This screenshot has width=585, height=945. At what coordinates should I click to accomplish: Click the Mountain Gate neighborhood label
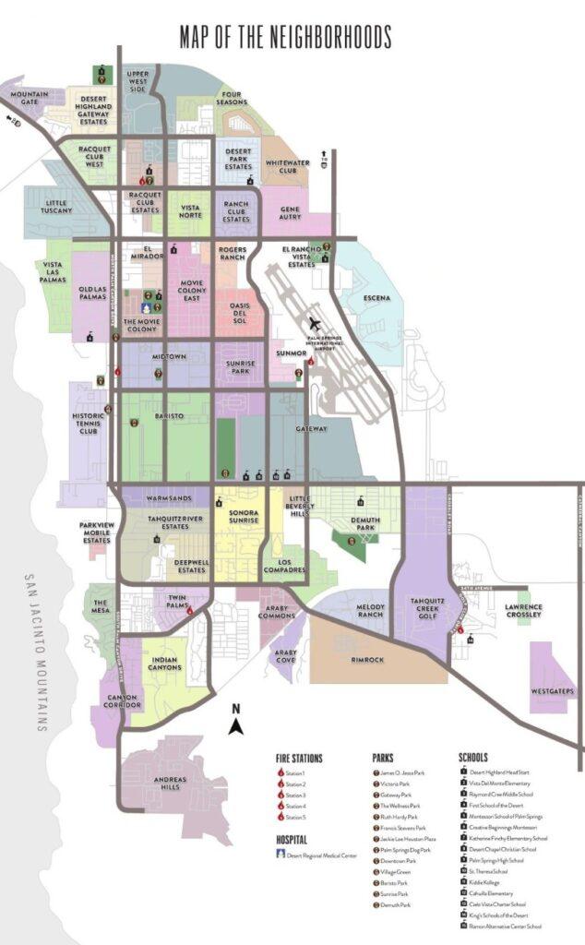click(x=30, y=97)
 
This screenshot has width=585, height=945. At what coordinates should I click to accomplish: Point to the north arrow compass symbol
click(x=235, y=719)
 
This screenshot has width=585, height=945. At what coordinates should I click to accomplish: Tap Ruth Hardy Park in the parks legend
click(x=399, y=817)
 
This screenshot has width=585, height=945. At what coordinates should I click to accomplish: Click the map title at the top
click(x=285, y=37)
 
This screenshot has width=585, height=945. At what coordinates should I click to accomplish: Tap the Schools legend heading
click(x=473, y=758)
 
